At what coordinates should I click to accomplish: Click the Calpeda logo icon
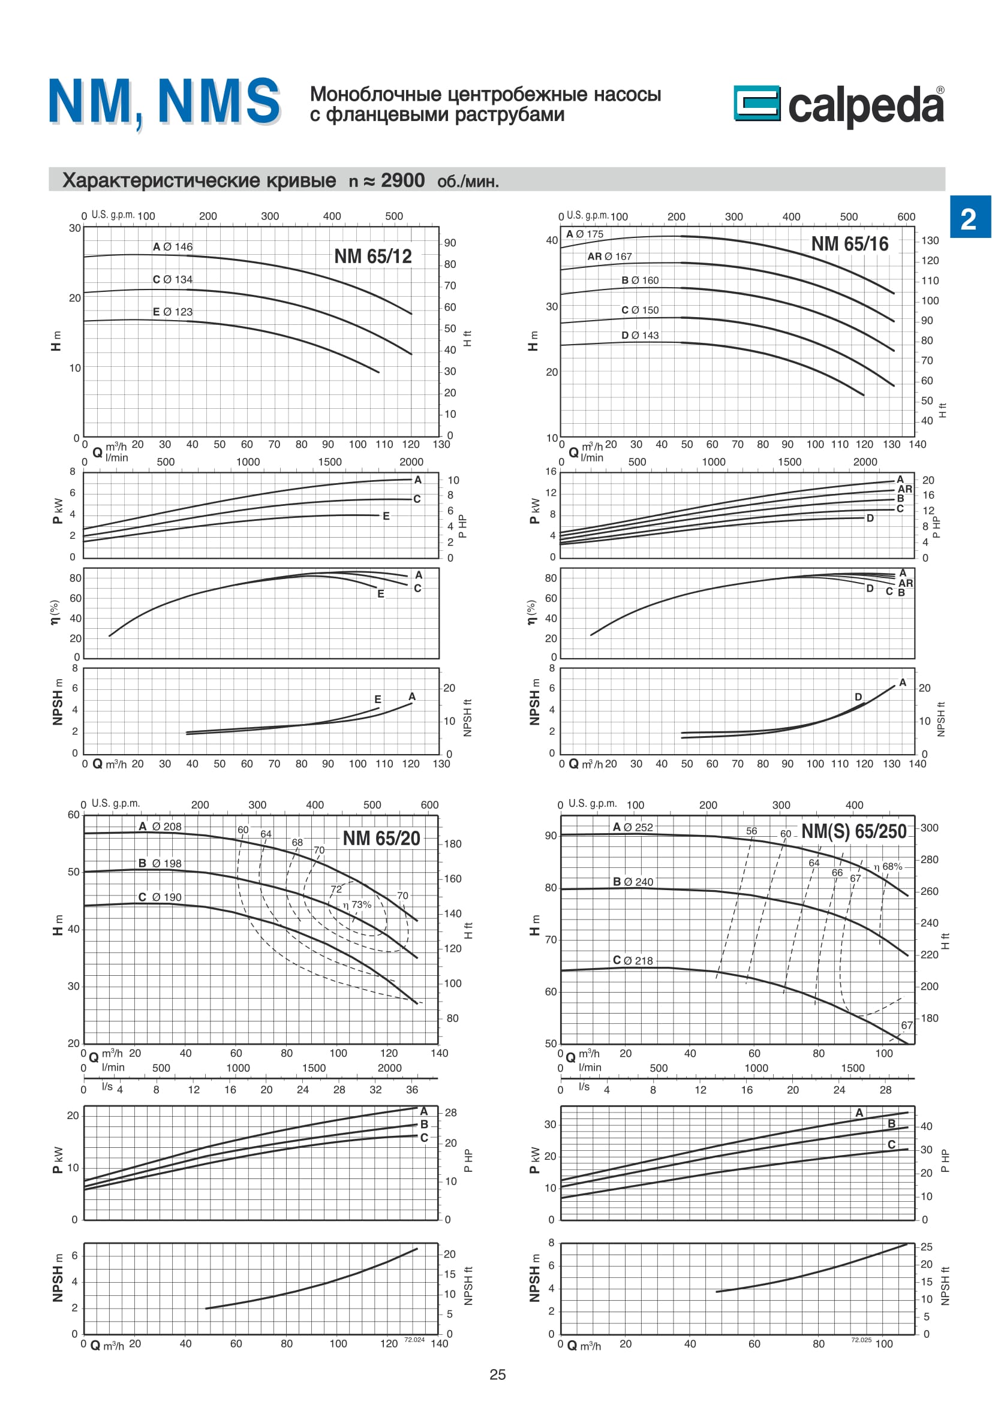(x=757, y=103)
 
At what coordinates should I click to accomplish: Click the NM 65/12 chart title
(x=372, y=257)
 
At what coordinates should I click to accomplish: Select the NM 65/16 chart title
(x=849, y=244)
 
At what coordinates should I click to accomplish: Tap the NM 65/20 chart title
(x=381, y=839)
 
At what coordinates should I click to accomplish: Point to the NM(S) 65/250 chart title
(x=853, y=832)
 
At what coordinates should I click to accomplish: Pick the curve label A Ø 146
(x=172, y=247)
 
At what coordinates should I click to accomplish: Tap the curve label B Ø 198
(x=160, y=863)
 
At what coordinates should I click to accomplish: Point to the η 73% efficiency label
(x=357, y=904)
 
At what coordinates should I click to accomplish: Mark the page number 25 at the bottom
(x=497, y=1374)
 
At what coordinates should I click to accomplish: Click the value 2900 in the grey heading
(x=402, y=181)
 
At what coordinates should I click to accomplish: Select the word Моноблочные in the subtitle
(x=375, y=95)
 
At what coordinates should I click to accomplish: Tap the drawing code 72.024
(x=414, y=1340)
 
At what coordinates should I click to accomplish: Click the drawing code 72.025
(x=861, y=1340)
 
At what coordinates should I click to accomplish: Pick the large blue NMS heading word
(x=219, y=101)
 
